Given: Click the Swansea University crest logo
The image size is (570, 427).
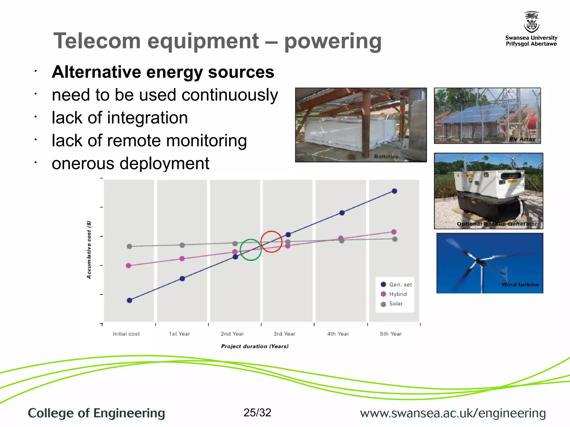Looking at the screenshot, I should click(531, 22).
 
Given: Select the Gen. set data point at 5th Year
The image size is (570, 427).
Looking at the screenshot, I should click(394, 191).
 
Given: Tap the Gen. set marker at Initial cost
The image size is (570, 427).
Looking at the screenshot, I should click(129, 300).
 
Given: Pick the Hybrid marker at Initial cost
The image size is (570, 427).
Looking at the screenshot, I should click(129, 265).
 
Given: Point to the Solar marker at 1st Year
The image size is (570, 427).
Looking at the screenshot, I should click(182, 245).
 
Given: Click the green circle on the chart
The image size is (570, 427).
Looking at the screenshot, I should click(251, 250).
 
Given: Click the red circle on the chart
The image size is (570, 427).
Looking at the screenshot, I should click(271, 242).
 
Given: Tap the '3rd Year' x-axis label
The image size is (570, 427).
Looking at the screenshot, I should click(284, 334).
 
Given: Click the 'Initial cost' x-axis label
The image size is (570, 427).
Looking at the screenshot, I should click(126, 334).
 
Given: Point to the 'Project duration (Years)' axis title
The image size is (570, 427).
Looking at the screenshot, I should click(255, 346).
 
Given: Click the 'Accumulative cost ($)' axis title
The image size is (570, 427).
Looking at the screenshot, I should click(89, 250).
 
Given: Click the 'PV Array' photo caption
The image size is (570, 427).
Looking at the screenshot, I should click(522, 139).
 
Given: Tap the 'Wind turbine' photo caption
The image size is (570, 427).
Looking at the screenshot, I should click(520, 284).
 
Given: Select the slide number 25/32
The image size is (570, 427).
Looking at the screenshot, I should click(257, 413).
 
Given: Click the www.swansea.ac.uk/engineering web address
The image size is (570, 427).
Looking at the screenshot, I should click(453, 413).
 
